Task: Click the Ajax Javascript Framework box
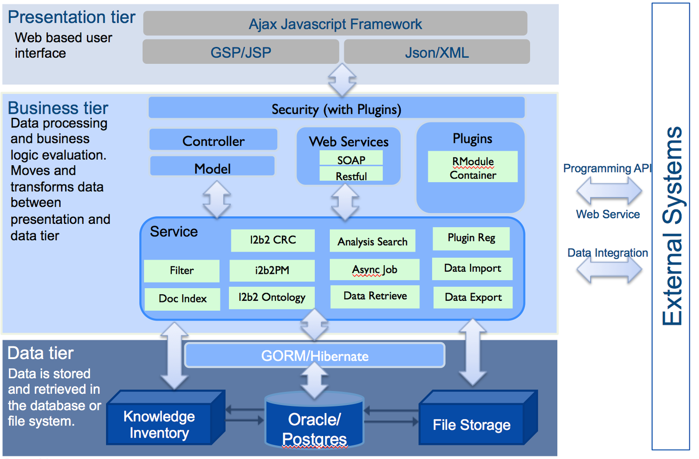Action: pos(335,23)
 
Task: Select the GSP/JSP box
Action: pos(241,52)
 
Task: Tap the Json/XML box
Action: pos(437,52)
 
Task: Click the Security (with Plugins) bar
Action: pos(336,108)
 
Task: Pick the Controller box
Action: pos(213,140)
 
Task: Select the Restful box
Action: pos(351,175)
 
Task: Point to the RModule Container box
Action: pos(473,167)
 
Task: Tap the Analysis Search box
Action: pos(373,241)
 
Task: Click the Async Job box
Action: pos(374,270)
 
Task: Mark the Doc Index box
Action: pos(182,299)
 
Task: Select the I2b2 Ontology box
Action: pos(272,297)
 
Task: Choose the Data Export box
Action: pos(473,297)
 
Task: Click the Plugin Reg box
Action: pos(471,238)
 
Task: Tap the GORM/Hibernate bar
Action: pos(315,355)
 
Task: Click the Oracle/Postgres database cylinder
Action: pos(314,423)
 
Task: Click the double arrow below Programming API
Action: pos(609,191)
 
